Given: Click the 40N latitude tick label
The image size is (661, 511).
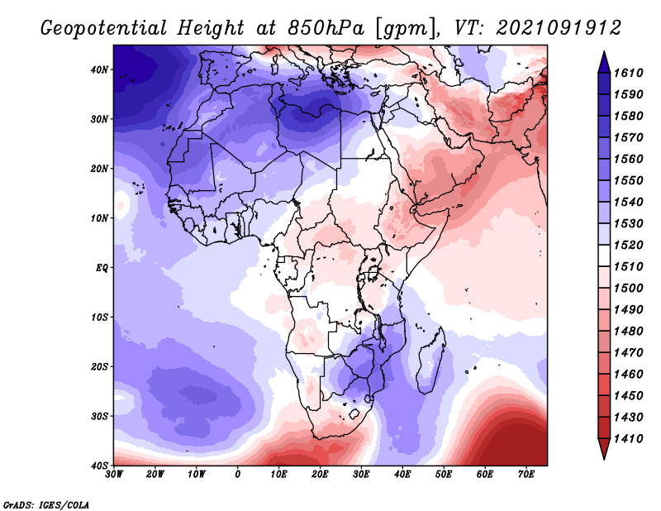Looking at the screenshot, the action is pyautogui.click(x=99, y=69).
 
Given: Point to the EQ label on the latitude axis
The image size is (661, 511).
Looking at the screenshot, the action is pyautogui.click(x=102, y=268).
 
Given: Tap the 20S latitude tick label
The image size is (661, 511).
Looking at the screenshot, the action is pyautogui.click(x=99, y=366).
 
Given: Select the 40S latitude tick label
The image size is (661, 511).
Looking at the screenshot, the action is pyautogui.click(x=99, y=466).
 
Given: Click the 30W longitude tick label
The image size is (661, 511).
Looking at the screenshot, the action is pyautogui.click(x=114, y=475).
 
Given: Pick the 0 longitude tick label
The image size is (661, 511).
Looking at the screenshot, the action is pyautogui.click(x=238, y=475).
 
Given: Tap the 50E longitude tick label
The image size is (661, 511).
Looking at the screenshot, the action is pyautogui.click(x=444, y=475).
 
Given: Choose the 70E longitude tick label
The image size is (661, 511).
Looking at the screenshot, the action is pyautogui.click(x=526, y=475).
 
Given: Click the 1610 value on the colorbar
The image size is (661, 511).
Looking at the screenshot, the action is pyautogui.click(x=628, y=73).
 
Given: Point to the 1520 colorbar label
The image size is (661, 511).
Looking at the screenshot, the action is pyautogui.click(x=628, y=245).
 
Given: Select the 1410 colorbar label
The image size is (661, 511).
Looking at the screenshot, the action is pyautogui.click(x=628, y=439).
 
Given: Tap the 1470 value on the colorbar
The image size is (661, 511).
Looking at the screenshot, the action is pyautogui.click(x=628, y=353).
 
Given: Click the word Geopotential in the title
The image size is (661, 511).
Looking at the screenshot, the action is pyautogui.click(x=104, y=28).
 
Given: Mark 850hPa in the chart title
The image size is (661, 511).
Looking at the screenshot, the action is pyautogui.click(x=326, y=28).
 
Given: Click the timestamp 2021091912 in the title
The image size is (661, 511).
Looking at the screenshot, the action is pyautogui.click(x=559, y=28).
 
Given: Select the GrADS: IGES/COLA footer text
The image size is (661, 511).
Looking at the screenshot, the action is pyautogui.click(x=46, y=504).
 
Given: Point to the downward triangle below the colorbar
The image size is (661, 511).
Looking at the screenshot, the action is pyautogui.click(x=604, y=449).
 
